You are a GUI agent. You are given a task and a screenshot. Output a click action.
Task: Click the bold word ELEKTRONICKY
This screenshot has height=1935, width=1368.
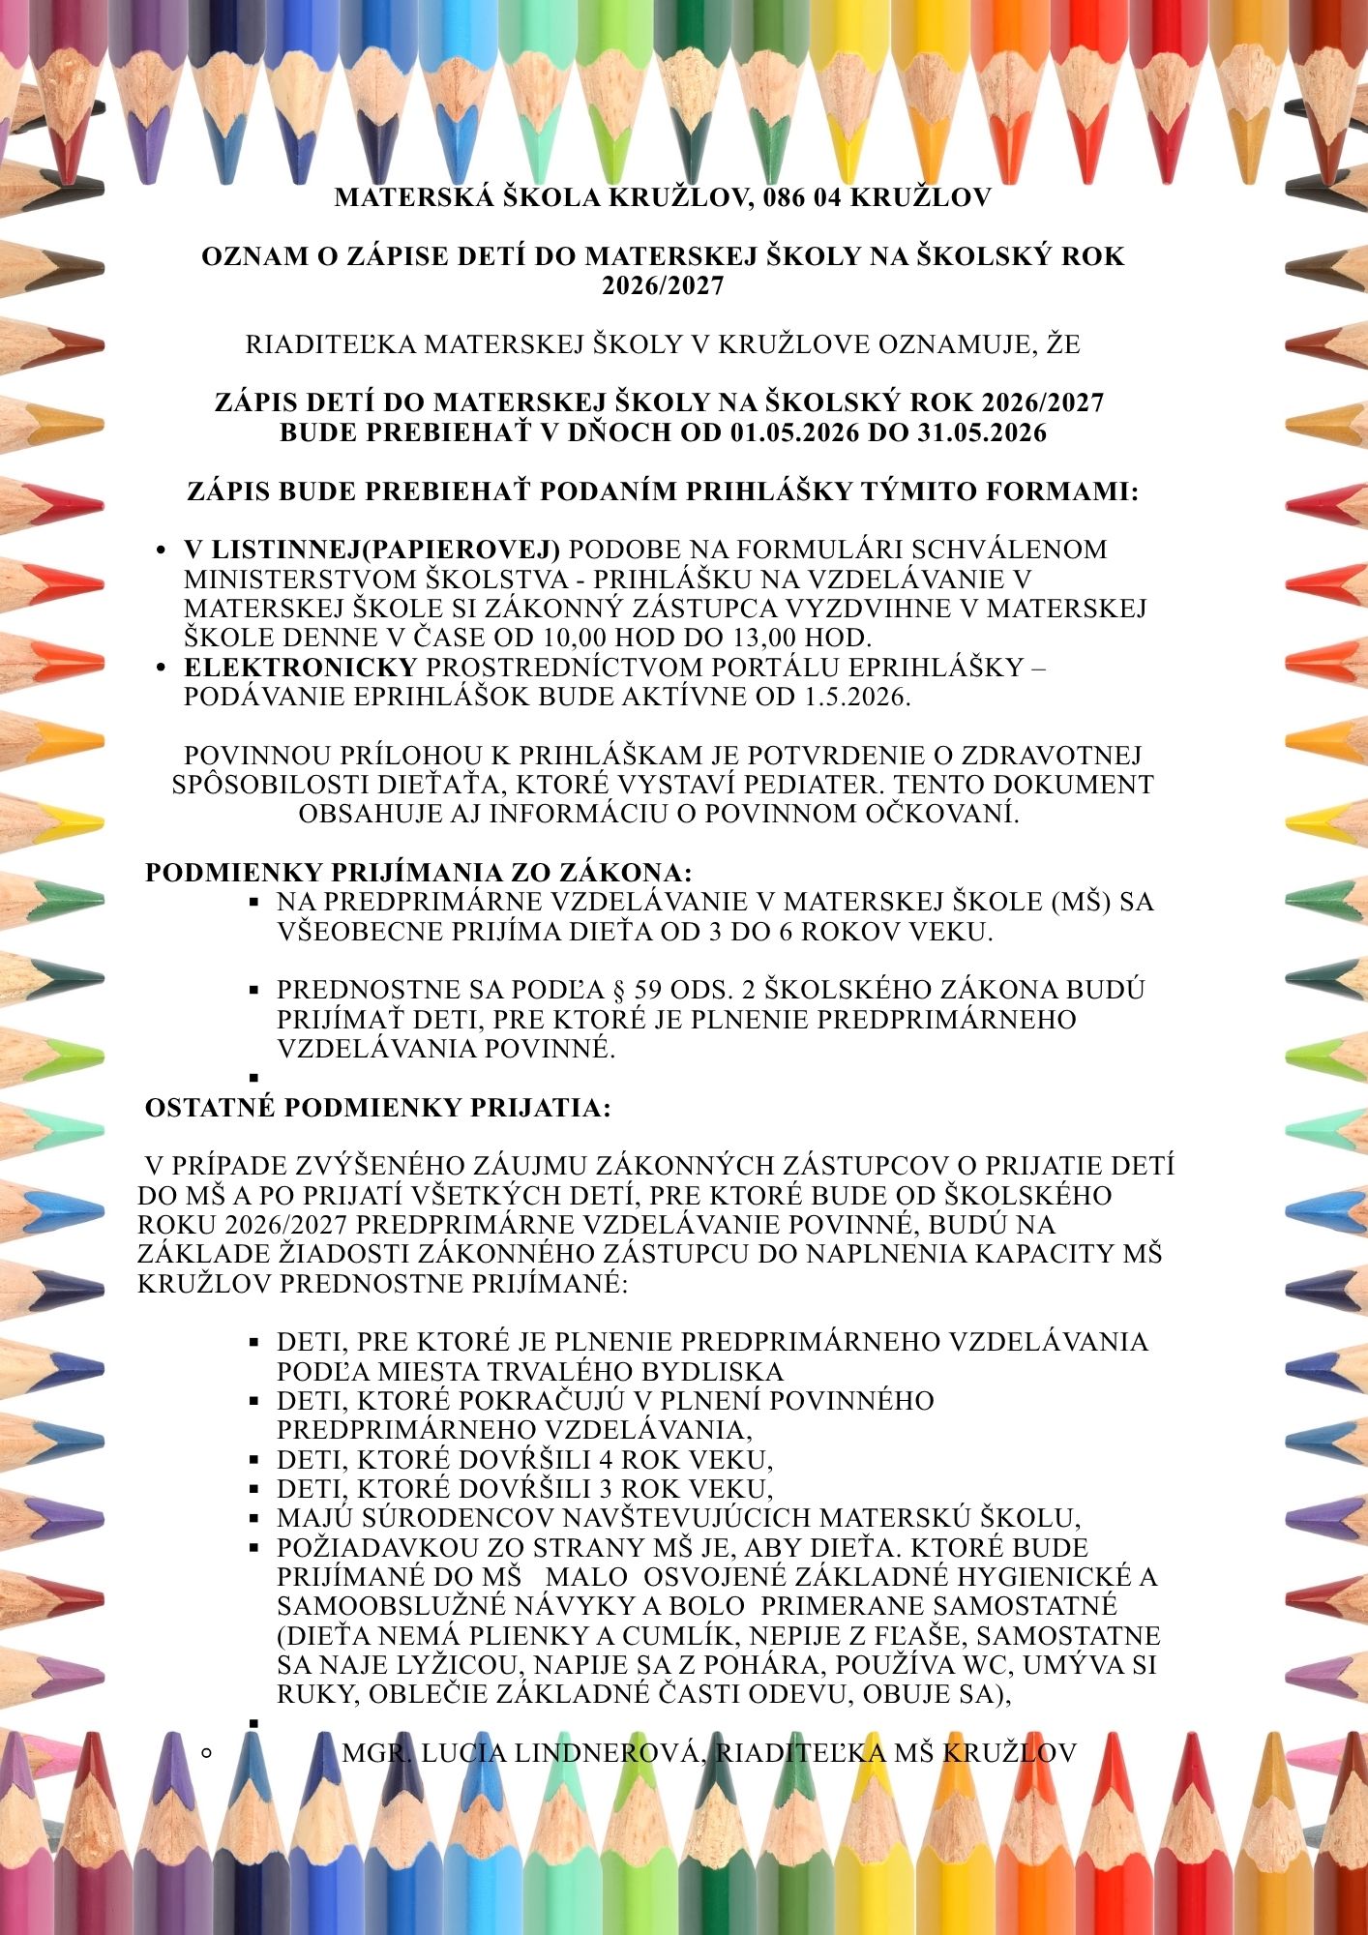[301, 668]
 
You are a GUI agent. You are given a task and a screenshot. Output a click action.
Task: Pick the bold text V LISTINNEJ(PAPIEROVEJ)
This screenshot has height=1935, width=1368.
[372, 550]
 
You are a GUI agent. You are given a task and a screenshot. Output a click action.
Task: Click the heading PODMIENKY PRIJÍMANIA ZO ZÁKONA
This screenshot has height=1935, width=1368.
[418, 873]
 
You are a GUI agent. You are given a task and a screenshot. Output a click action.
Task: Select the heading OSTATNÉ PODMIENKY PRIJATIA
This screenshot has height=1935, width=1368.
[377, 1108]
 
